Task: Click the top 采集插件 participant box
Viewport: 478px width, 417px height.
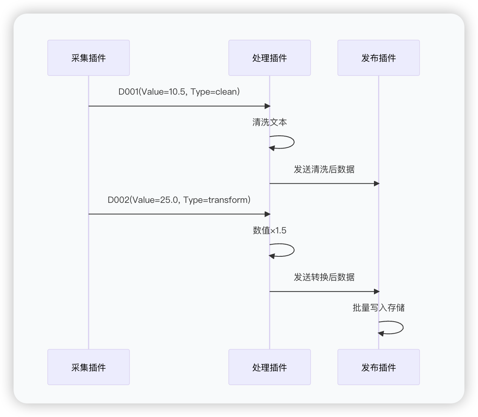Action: (89, 58)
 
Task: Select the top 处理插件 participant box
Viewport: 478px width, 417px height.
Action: (270, 58)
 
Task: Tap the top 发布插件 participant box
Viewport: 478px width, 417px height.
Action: (378, 58)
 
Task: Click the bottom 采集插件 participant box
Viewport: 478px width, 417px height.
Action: (89, 367)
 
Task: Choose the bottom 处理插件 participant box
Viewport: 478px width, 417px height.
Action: (270, 367)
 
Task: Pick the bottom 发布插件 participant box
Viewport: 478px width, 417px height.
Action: (378, 367)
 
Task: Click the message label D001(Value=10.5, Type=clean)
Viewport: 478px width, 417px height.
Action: (179, 92)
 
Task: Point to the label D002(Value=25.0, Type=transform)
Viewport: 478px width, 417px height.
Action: (179, 200)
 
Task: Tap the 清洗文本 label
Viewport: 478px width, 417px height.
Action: (270, 122)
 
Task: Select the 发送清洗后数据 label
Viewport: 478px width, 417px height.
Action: (324, 169)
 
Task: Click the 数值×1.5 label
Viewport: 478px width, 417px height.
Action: (270, 230)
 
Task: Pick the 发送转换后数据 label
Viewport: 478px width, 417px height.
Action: (324, 277)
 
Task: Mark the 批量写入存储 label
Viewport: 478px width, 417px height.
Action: (378, 308)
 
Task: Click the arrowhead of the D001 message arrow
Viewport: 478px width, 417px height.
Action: (268, 106)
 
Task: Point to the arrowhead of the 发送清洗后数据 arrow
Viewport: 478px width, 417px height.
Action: (377, 184)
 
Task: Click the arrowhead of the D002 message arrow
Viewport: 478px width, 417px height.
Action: (268, 214)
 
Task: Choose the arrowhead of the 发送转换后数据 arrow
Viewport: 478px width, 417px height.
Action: (377, 291)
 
